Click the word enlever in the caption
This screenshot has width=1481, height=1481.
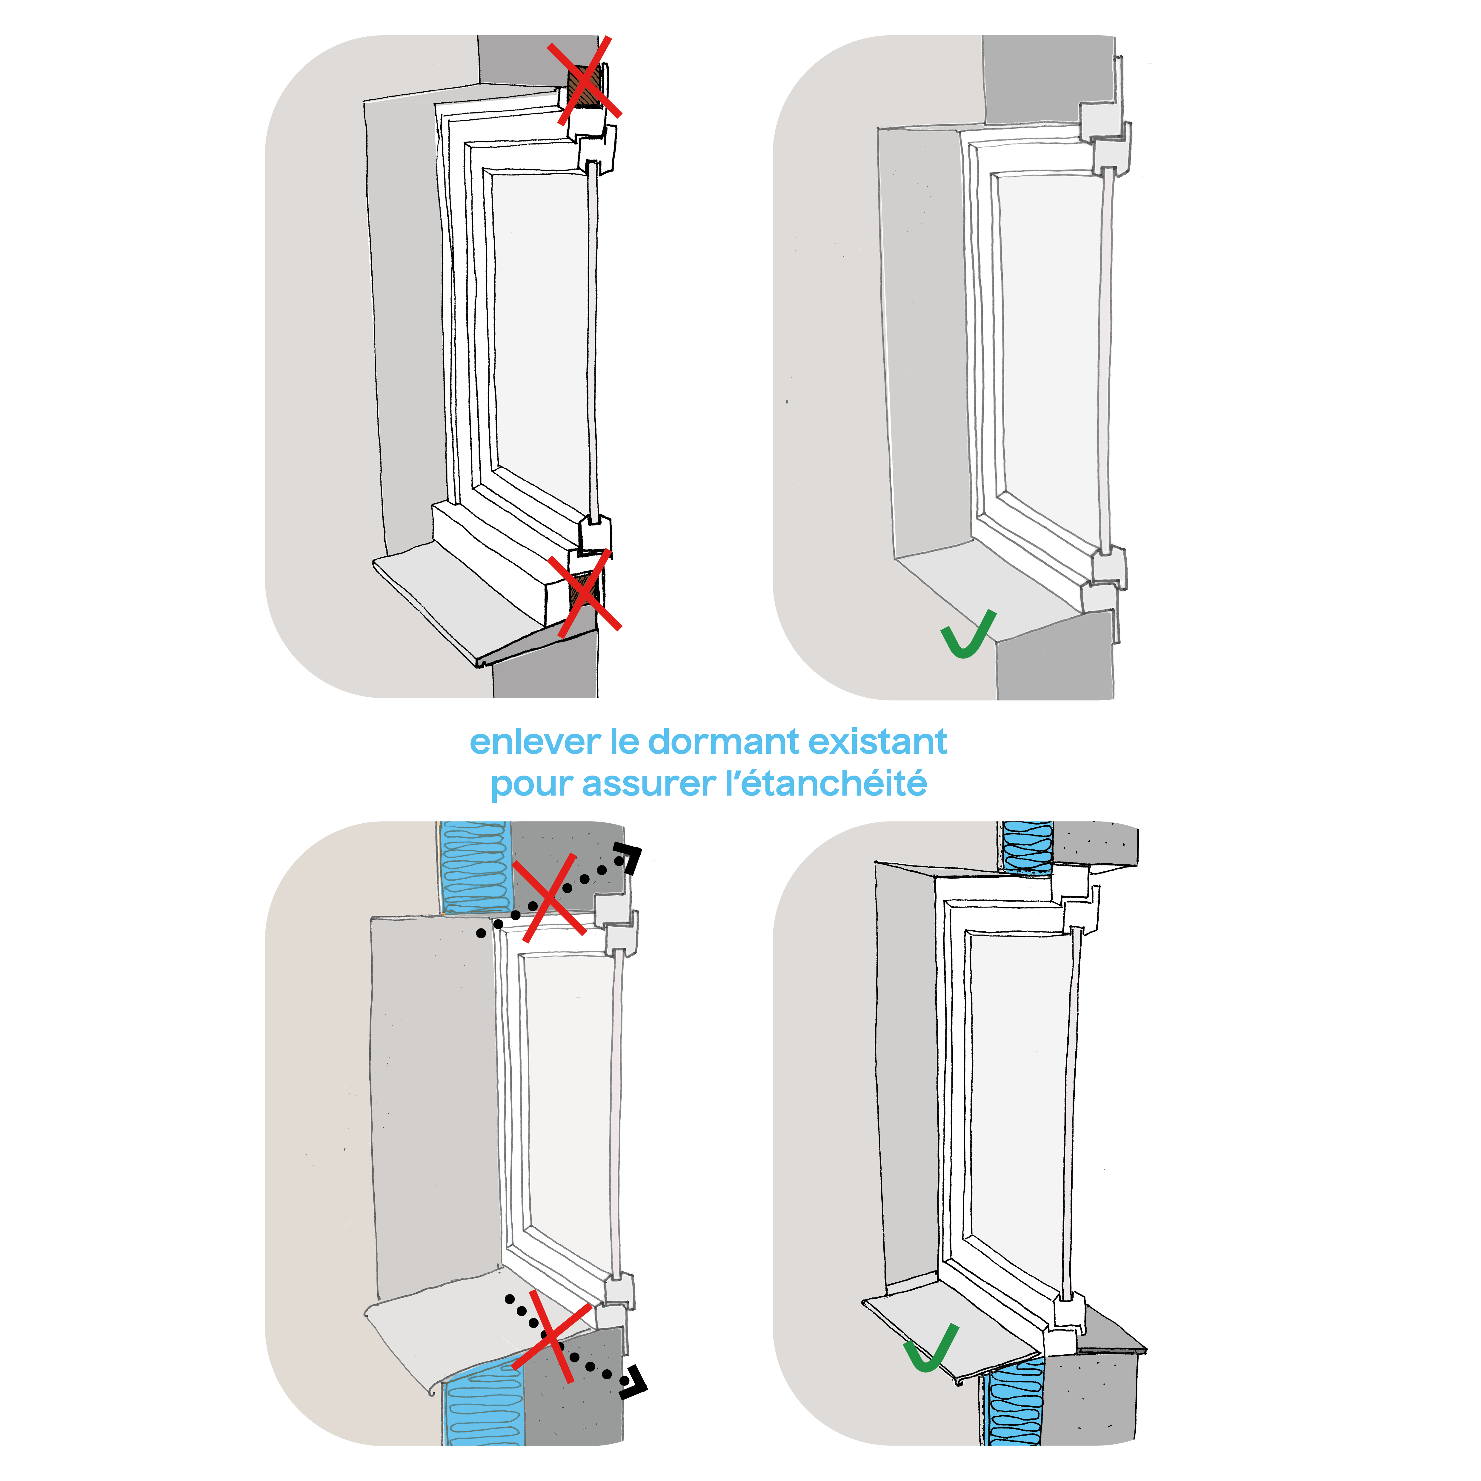[534, 742]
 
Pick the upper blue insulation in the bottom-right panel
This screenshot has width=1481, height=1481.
[1027, 845]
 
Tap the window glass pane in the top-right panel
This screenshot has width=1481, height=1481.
[1050, 345]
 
